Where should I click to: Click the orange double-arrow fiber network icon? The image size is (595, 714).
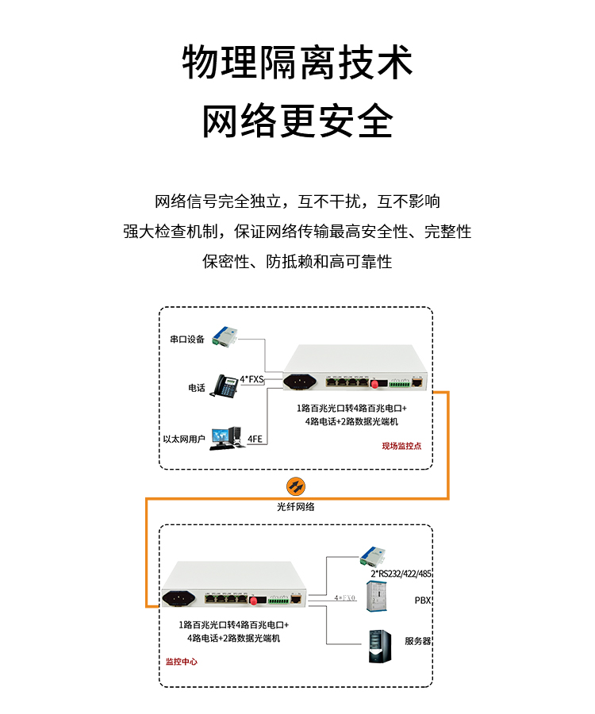click(x=296, y=486)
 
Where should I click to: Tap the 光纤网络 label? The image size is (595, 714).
click(x=296, y=507)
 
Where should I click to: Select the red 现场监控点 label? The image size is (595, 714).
click(x=401, y=446)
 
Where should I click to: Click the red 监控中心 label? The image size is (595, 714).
click(x=181, y=661)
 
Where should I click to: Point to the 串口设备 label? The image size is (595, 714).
click(x=187, y=339)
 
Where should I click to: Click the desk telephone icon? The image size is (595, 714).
click(x=225, y=386)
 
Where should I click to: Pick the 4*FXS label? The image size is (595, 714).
click(x=251, y=379)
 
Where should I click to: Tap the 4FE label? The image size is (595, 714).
click(x=255, y=439)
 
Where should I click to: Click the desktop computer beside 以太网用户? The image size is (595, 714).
click(x=227, y=438)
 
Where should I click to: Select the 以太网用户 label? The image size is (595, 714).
click(x=184, y=439)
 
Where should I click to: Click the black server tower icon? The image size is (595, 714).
click(x=380, y=646)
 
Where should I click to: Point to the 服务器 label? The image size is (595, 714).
click(x=417, y=641)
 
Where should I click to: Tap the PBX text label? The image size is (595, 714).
click(x=423, y=601)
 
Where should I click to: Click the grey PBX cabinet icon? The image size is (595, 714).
click(x=377, y=596)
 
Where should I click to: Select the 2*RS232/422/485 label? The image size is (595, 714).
click(x=401, y=574)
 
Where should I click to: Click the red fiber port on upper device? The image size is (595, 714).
click(x=375, y=384)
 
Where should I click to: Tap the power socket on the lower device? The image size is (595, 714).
click(x=178, y=598)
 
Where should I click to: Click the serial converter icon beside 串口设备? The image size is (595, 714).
click(x=225, y=337)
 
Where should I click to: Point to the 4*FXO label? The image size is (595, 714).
click(x=344, y=597)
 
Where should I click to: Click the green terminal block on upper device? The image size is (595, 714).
click(x=399, y=383)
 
